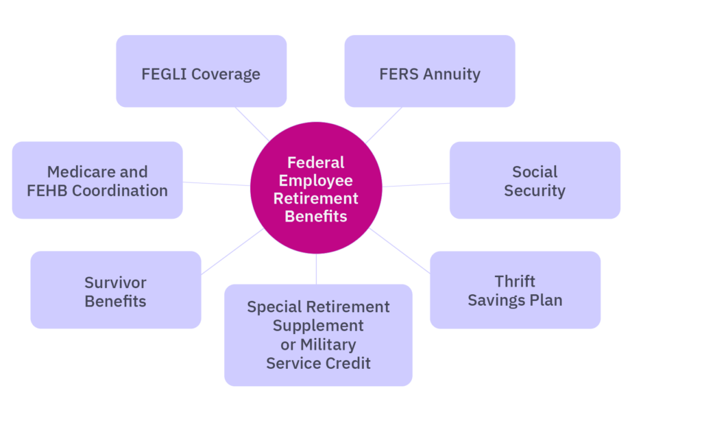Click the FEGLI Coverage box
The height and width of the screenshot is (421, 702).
pos(201,71)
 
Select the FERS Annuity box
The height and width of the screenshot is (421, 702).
pos(430,71)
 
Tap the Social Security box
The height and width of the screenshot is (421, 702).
pos(535,180)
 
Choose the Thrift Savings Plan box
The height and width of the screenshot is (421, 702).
pos(515,290)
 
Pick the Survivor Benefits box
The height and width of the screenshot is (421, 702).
pos(115,291)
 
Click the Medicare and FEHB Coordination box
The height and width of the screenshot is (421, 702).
pos(97,180)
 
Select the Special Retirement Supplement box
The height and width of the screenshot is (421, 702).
pos(318,335)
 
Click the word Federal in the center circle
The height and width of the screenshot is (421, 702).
pos(315,163)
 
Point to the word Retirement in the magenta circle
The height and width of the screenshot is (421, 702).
pos(315,199)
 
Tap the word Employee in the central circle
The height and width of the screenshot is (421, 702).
pos(315,181)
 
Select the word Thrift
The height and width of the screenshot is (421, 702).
pos(515,281)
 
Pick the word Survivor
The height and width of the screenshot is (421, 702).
pos(115,282)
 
